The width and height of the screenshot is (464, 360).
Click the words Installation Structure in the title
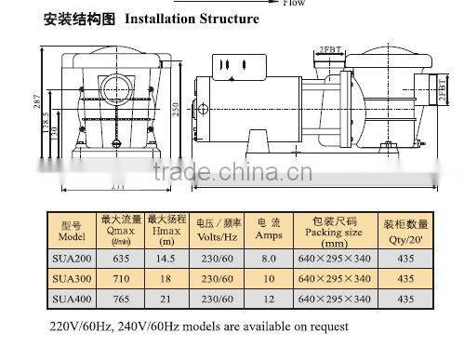[192, 19]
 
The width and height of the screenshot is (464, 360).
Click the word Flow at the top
[293, 3]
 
